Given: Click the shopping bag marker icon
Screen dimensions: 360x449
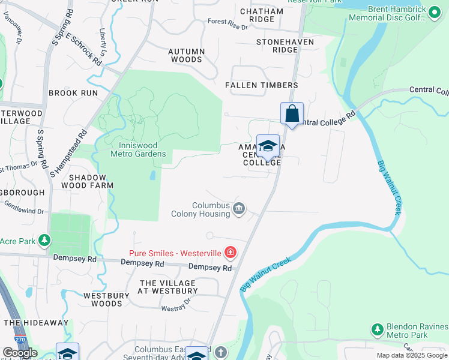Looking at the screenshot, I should click(x=292, y=113).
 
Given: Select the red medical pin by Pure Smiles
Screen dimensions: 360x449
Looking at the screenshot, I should click(x=230, y=252).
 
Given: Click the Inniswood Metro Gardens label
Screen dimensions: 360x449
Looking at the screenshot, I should click(x=138, y=149).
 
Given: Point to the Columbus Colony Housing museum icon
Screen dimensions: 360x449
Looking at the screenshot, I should click(x=239, y=209).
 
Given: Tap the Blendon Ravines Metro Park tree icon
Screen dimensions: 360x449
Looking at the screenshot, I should click(x=377, y=329).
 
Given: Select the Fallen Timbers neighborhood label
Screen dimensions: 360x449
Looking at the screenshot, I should click(x=261, y=85).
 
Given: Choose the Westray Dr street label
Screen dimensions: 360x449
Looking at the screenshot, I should click(x=176, y=307).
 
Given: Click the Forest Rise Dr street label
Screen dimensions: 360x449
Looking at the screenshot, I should click(x=228, y=25).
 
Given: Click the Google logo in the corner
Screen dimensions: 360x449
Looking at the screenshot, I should click(x=20, y=353).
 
